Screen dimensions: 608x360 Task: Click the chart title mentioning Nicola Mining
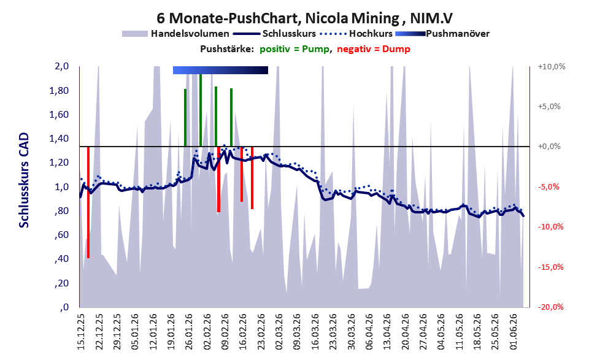click(x=304, y=18)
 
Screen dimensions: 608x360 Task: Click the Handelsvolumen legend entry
click(x=175, y=34)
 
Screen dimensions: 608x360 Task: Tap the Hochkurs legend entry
click(x=356, y=34)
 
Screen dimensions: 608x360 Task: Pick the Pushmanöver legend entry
click(x=442, y=34)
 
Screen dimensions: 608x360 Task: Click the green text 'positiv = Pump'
click(x=295, y=49)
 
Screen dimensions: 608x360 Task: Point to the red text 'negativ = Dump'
click(x=374, y=49)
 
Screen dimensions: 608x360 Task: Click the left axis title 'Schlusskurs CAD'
click(x=24, y=180)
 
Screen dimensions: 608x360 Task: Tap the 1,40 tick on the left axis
click(x=59, y=139)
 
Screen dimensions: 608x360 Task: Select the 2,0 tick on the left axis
click(x=61, y=66)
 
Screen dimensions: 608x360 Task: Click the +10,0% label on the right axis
click(x=552, y=67)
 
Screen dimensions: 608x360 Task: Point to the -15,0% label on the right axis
click(x=550, y=267)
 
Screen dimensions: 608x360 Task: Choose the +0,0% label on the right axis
click(x=549, y=147)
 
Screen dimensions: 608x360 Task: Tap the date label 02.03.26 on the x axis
click(x=279, y=331)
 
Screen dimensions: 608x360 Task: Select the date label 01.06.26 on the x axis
click(x=514, y=331)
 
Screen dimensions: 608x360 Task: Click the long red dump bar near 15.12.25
click(x=88, y=202)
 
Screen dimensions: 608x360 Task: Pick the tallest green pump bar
click(x=201, y=110)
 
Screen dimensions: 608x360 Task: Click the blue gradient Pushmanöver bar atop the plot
click(x=220, y=70)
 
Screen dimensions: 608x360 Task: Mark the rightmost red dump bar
click(x=252, y=178)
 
